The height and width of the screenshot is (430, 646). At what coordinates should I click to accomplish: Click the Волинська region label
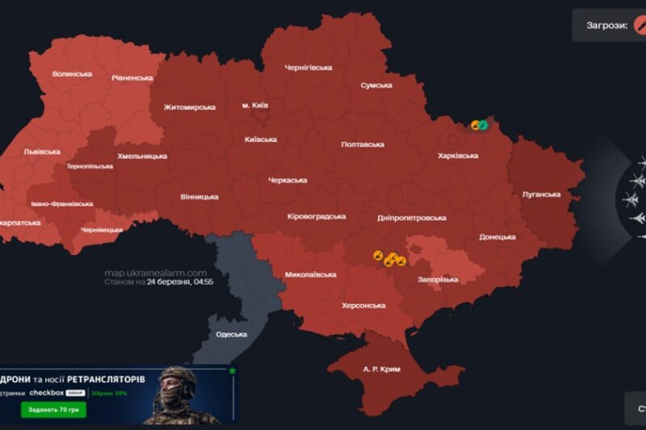[x=72, y=74]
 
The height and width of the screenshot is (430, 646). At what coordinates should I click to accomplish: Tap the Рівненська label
[x=132, y=77]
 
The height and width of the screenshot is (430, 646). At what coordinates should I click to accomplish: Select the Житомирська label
[x=189, y=106]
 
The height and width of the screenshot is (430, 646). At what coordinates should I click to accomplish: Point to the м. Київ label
[x=255, y=105]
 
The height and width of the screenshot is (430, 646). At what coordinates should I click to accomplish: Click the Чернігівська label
[x=308, y=68]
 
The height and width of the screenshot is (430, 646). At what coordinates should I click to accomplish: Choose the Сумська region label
[x=376, y=85]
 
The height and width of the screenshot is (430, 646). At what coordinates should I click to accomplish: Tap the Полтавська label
[x=363, y=144]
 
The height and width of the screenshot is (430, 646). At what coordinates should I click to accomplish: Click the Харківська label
[x=458, y=156]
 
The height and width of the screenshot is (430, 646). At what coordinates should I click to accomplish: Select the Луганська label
[x=541, y=194]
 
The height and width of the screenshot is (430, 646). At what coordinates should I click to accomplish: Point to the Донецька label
[x=497, y=236]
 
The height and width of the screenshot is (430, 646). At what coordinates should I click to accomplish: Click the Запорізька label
[x=439, y=279]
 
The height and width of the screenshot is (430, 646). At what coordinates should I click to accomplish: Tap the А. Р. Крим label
[x=381, y=369]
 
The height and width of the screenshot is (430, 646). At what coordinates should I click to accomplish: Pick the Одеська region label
[x=231, y=334]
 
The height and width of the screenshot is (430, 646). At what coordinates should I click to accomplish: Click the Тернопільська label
[x=90, y=166]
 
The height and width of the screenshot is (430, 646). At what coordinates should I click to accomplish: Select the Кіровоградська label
[x=317, y=216]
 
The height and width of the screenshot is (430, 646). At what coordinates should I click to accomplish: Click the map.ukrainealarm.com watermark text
[x=155, y=273]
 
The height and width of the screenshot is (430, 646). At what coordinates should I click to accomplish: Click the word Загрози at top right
[x=606, y=26]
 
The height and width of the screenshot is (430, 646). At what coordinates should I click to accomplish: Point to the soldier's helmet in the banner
[x=176, y=376]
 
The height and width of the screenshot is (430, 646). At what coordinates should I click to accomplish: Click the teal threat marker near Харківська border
[x=484, y=124]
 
